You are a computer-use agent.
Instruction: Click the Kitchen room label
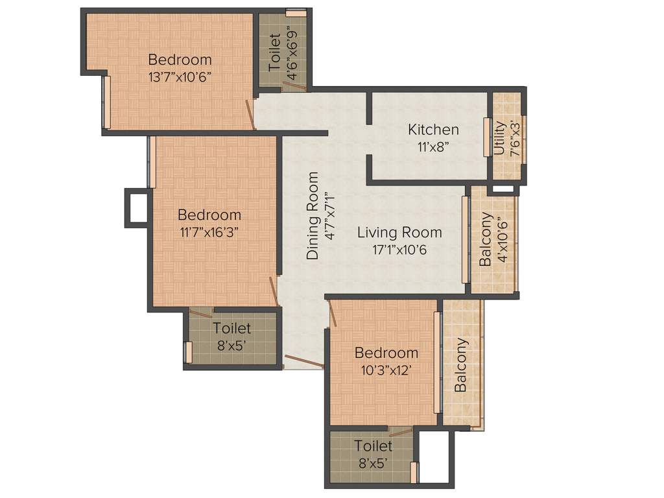[x=433, y=130]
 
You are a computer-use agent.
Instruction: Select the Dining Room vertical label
[x=313, y=216]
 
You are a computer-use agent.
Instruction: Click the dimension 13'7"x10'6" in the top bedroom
[x=180, y=76]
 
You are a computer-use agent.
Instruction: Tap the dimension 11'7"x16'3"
[x=209, y=231]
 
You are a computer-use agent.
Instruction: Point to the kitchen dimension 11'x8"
[x=433, y=146]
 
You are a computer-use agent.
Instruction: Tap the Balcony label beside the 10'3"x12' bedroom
[x=461, y=364]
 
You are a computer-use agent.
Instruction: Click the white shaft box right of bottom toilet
[x=434, y=456]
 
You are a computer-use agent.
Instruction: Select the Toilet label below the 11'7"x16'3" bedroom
[x=231, y=329]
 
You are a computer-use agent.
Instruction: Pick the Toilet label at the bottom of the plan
[x=373, y=446]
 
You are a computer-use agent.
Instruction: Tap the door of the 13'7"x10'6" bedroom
[x=250, y=112]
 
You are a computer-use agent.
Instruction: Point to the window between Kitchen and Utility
[x=486, y=136]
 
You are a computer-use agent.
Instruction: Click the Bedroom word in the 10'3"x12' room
[x=386, y=353]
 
